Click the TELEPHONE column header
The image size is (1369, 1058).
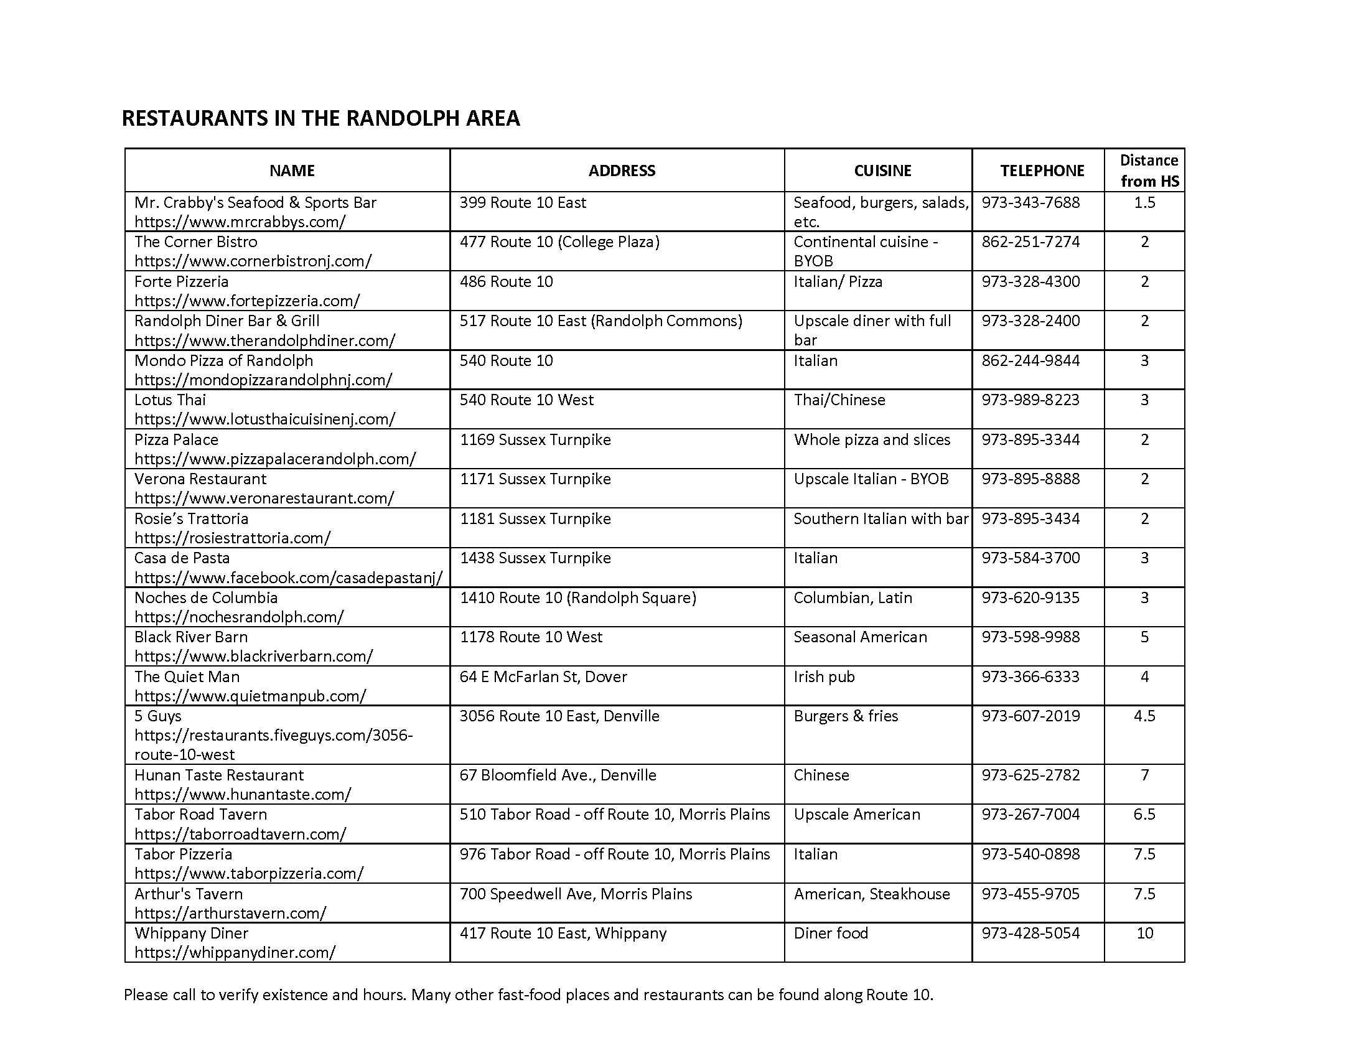click(x=1042, y=171)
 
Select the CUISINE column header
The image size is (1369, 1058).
click(x=882, y=171)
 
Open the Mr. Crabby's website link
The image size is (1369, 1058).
click(x=240, y=222)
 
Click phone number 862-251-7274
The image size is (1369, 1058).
click(x=1030, y=242)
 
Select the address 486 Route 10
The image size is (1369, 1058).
click(x=506, y=281)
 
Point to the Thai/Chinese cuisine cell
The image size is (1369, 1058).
click(x=839, y=400)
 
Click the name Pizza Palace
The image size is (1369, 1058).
click(x=176, y=439)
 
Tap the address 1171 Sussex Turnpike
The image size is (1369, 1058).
click(x=535, y=479)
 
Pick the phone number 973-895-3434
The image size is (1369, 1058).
click(x=1030, y=518)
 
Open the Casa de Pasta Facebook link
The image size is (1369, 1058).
click(x=288, y=578)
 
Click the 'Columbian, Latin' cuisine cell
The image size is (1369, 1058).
click(x=853, y=597)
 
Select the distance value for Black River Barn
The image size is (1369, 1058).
click(x=1144, y=637)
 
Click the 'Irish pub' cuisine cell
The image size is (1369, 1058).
click(x=824, y=676)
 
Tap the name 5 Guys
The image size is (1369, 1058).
click(x=157, y=716)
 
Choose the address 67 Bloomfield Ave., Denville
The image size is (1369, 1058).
click(x=558, y=775)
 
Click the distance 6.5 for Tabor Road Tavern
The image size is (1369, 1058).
click(x=1144, y=814)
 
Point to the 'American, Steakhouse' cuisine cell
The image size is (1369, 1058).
click(x=871, y=894)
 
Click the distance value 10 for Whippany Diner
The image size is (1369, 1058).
click(x=1144, y=934)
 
